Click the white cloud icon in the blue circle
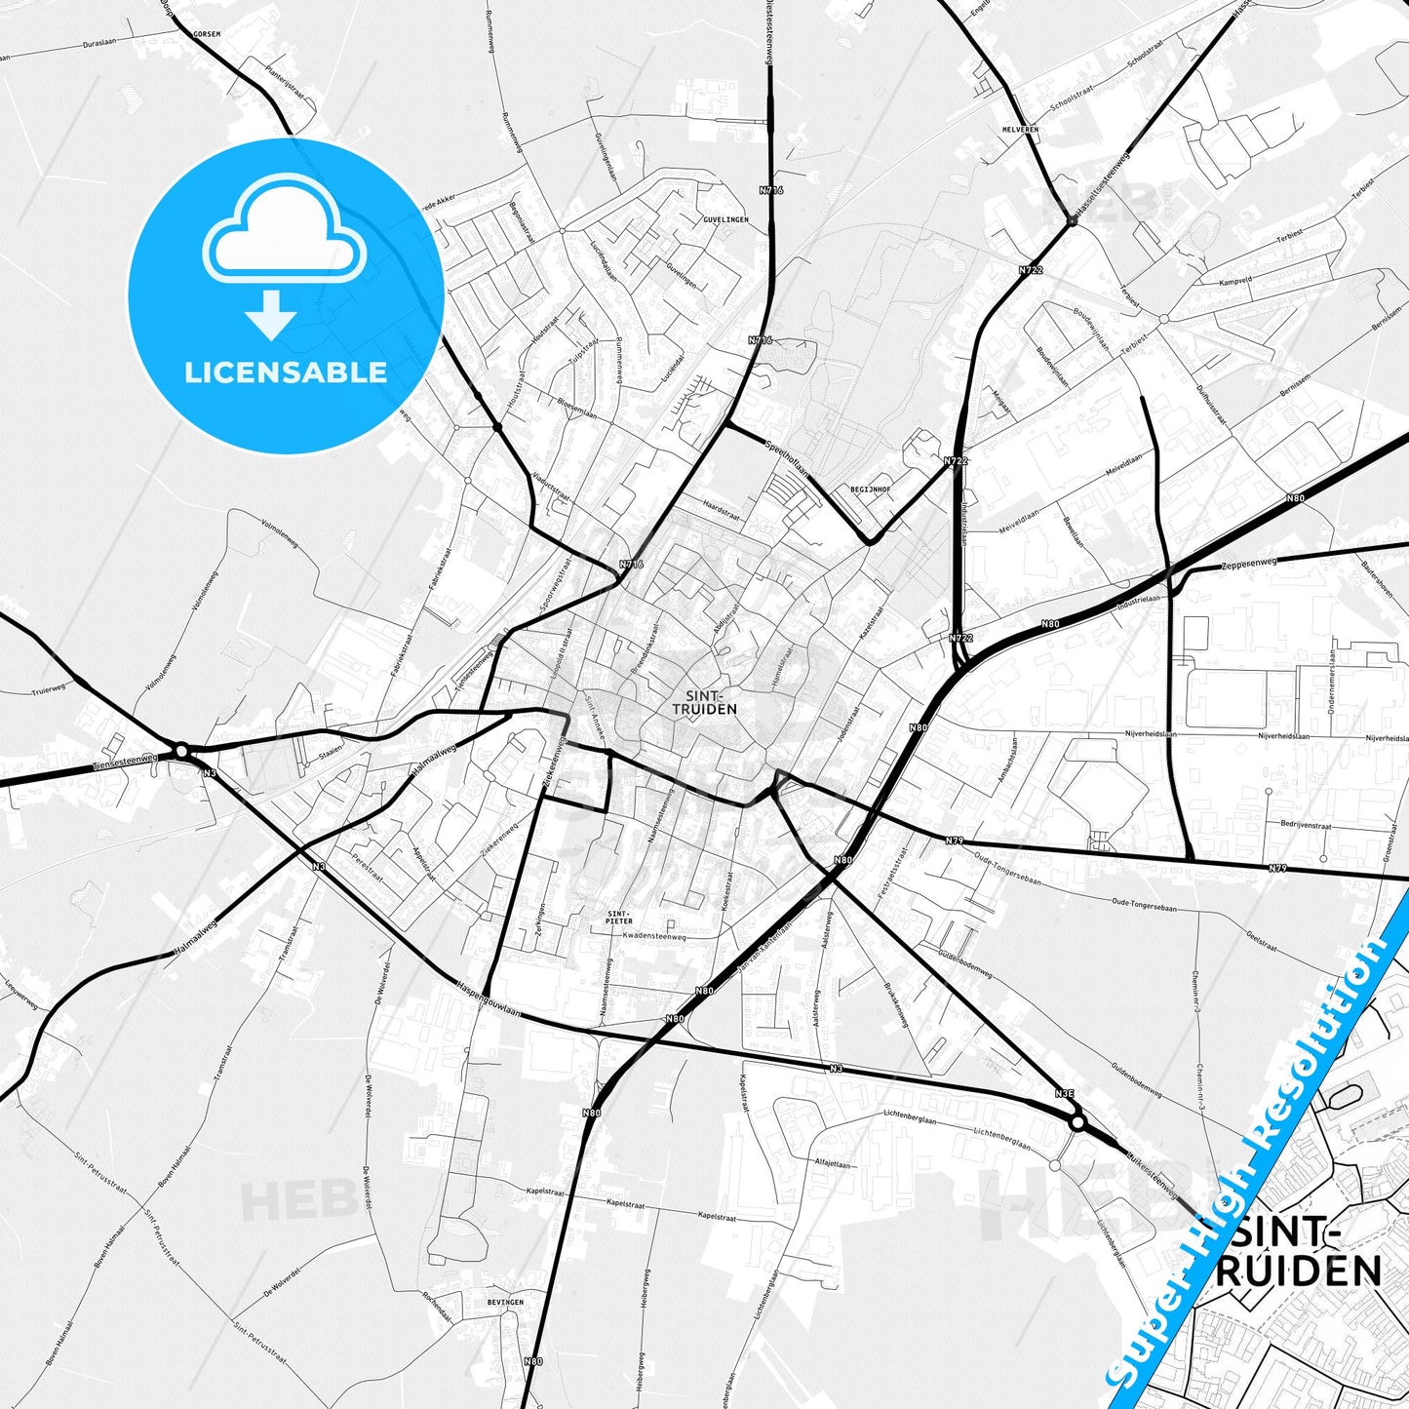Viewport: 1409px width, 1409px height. pos(284,232)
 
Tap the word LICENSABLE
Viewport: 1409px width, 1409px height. pos(286,372)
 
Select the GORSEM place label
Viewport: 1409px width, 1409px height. pos(207,33)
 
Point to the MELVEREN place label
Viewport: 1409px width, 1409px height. pos(1020,129)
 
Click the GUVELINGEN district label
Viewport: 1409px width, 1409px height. pos(725,219)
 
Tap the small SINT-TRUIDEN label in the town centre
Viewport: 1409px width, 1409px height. pos(704,702)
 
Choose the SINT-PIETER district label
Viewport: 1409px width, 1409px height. pos(619,917)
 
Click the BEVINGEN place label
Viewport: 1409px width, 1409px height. pos(505,1302)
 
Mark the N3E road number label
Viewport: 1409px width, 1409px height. pos(1065,1094)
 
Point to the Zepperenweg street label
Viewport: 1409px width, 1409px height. pos(1248,564)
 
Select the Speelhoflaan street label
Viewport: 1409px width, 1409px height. pos(788,456)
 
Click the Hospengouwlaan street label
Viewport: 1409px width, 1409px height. pos(489,1000)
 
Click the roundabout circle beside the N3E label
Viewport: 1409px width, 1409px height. pos(1077,1123)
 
